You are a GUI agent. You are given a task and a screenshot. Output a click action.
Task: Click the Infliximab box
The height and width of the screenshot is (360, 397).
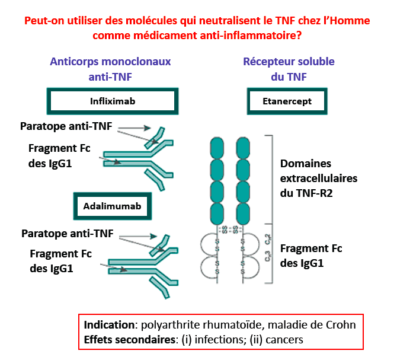point(113,101)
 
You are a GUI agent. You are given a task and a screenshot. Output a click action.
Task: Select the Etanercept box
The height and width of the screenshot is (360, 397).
point(287,101)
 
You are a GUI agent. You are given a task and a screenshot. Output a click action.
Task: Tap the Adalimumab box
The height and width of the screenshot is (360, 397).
point(112,206)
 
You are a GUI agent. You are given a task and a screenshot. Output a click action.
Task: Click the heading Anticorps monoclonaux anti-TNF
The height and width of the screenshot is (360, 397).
point(110,69)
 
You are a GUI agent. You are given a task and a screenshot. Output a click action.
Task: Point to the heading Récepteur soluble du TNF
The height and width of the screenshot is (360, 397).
point(289,69)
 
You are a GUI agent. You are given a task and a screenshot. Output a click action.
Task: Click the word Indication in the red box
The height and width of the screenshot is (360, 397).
point(108,326)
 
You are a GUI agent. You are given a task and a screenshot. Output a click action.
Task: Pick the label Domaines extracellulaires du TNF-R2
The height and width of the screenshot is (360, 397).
point(323,177)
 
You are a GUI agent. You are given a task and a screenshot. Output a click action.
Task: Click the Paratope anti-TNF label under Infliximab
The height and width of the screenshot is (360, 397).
point(66,126)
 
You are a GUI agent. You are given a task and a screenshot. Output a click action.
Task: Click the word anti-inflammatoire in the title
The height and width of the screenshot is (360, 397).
point(246,35)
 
